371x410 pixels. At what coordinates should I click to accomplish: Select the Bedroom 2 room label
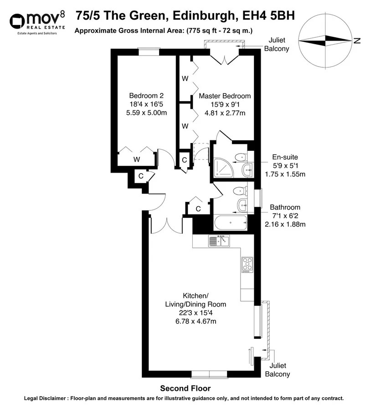[146, 96]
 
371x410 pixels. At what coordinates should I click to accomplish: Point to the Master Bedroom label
[225, 96]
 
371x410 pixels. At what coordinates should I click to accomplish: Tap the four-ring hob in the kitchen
[247, 264]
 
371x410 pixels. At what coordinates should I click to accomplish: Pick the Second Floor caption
[185, 389]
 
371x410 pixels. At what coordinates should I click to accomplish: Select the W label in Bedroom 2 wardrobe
[136, 159]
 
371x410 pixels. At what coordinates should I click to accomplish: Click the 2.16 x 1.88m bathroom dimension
[285, 224]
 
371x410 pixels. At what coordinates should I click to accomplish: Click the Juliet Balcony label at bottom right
[278, 370]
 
